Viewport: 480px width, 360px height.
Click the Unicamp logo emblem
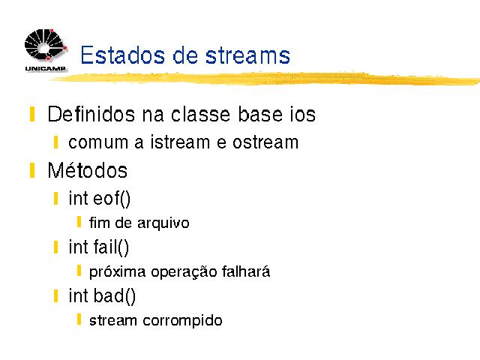46,44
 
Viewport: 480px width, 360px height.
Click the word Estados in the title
123,55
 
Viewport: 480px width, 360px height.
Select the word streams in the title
247,55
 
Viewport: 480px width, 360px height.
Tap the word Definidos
91,114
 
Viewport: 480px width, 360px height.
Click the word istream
180,142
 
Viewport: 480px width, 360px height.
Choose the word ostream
265,142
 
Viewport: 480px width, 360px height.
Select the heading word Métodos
88,170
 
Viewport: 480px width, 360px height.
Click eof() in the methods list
112,199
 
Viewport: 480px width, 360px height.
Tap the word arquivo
163,223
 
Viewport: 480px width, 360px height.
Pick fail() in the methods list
111,247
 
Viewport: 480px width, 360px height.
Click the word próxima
117,272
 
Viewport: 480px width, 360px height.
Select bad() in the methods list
114,296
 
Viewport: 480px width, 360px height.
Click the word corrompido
182,321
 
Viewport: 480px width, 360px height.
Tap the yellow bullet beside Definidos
32,114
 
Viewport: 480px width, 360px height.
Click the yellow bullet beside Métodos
32,170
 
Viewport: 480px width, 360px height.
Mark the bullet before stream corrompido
79,319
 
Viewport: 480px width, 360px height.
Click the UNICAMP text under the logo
45,68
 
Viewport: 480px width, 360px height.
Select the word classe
200,114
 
